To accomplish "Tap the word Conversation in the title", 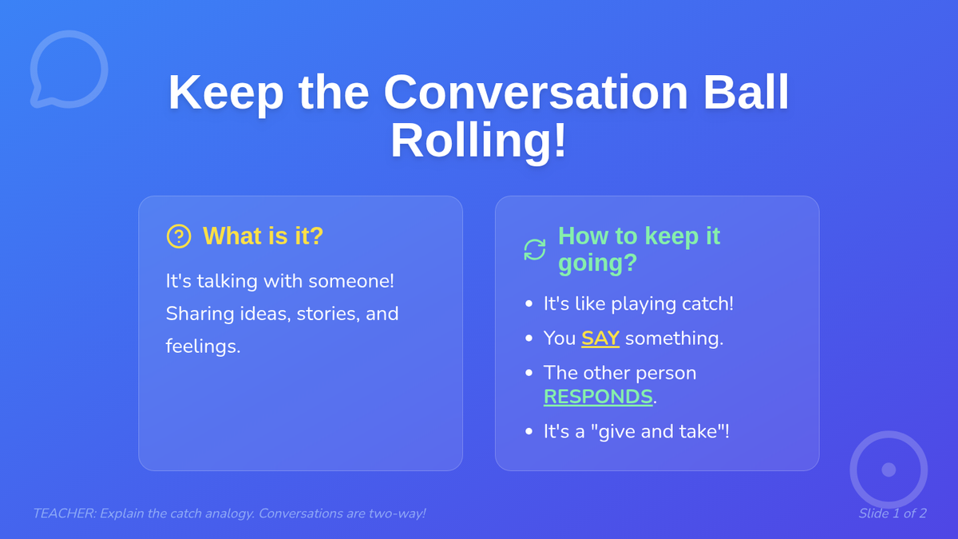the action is coord(536,93).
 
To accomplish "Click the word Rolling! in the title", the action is coord(478,141).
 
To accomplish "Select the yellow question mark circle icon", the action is coord(179,236).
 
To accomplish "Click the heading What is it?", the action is coord(263,236).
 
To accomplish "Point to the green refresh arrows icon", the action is coord(535,249).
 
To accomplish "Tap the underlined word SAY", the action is coord(600,339).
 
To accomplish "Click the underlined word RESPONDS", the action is coord(598,397).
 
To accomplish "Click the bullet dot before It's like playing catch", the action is coord(529,303).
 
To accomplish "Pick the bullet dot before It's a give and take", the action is coord(529,431).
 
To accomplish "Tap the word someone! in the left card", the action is coord(351,281).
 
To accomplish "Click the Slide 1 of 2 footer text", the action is coord(893,513).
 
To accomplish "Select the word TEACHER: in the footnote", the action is coord(65,513).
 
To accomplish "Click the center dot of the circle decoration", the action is coord(889,470).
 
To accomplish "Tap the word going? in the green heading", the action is coord(597,263).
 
